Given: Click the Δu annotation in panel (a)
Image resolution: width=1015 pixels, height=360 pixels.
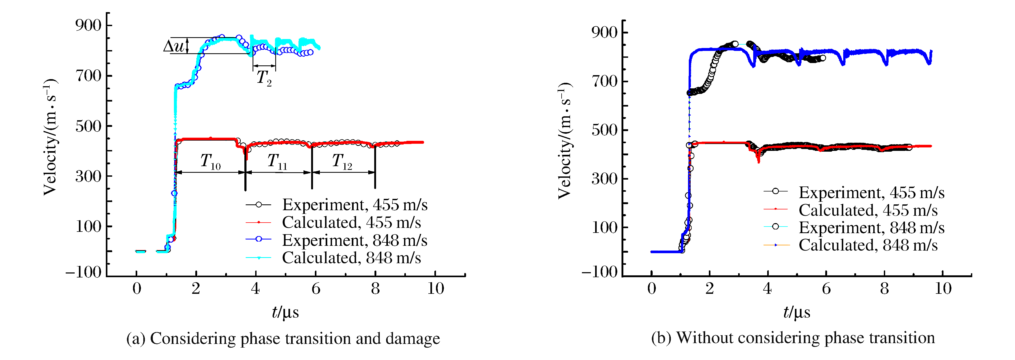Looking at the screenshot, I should [174, 46].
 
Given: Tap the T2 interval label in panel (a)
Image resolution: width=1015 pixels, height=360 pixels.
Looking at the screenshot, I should [264, 78].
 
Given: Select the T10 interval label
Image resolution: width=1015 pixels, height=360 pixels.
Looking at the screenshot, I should [210, 161].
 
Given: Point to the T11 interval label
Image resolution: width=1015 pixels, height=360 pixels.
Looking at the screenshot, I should [277, 161].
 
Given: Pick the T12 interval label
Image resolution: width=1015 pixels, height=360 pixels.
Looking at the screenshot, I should [342, 161].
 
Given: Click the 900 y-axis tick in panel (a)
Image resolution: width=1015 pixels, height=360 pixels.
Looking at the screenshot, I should [88, 25].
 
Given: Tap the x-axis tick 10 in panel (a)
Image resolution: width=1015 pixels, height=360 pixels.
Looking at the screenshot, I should [435, 289].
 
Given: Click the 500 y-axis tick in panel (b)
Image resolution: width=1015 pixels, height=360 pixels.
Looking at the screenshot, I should [604, 130].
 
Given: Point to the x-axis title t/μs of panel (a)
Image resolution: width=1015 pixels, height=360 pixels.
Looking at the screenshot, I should [285, 312].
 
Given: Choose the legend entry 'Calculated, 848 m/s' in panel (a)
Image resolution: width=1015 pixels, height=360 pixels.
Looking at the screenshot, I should [351, 258].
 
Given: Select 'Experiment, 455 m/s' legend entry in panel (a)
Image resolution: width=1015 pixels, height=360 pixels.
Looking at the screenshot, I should [355, 205].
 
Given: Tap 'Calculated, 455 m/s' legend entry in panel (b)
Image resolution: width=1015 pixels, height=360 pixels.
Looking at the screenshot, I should [868, 210].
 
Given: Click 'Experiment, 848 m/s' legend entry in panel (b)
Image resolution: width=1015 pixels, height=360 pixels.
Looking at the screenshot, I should [871, 228].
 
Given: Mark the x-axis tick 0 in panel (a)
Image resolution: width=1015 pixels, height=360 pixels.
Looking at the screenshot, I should [137, 289].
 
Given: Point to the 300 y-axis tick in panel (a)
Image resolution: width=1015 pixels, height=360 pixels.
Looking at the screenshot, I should [88, 176].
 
